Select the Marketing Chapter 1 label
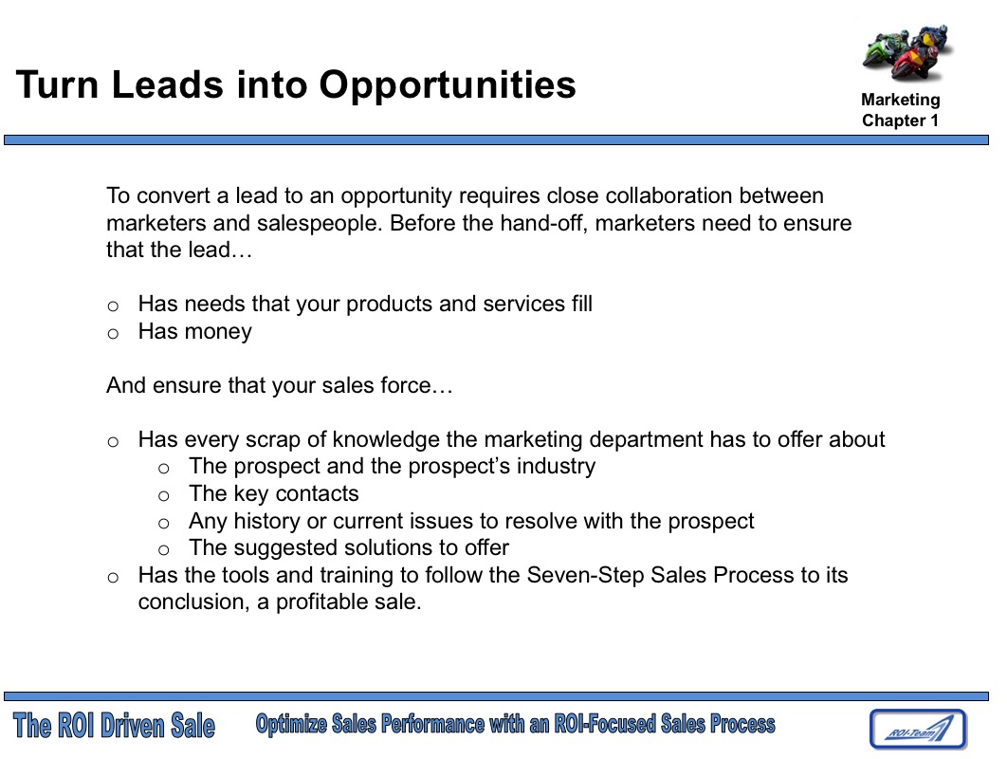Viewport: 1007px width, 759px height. pos(901,110)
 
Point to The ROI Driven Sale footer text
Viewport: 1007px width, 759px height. pos(115,727)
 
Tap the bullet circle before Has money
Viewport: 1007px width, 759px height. pos(113,333)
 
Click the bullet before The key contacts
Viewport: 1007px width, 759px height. pos(163,495)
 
